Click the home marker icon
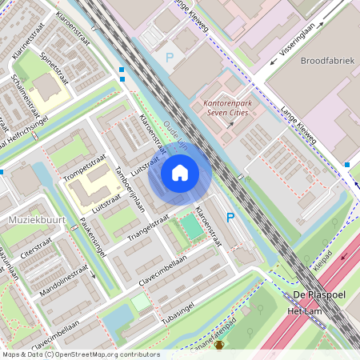(180, 172)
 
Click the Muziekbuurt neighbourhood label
(26, 218)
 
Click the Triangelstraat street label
(146, 226)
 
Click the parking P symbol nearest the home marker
(230, 217)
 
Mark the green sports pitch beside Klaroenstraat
(192, 230)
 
